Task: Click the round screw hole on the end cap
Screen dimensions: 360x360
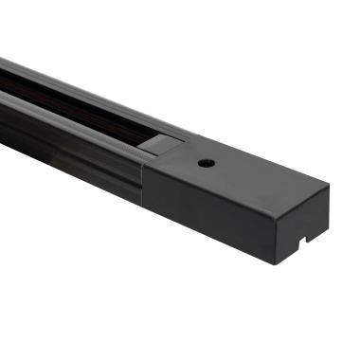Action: (204, 163)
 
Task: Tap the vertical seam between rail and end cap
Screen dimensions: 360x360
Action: (144, 180)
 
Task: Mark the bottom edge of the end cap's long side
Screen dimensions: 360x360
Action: (208, 232)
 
